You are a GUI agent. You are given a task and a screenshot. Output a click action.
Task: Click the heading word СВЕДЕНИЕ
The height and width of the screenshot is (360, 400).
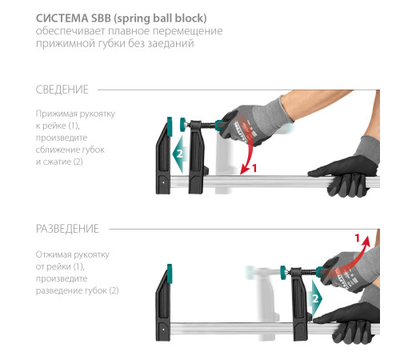point(62,90)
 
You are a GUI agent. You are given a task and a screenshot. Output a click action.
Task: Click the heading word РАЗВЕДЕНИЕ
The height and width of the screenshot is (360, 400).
point(67,229)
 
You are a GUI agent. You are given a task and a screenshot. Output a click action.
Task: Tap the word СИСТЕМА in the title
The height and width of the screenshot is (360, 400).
point(62,18)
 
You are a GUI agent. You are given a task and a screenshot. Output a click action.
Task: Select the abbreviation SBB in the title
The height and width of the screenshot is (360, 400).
point(101,18)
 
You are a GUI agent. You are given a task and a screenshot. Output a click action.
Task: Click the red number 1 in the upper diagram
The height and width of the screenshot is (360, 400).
point(254,168)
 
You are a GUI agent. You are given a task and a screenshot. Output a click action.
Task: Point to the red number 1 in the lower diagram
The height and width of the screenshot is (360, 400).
point(358,238)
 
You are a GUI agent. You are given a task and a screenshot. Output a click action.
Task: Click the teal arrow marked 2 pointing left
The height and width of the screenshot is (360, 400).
point(178,154)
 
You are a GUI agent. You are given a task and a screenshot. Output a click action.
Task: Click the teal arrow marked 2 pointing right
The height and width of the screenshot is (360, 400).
point(317,298)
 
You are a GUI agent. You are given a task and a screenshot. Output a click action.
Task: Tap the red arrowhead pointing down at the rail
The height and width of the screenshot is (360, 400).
point(244,170)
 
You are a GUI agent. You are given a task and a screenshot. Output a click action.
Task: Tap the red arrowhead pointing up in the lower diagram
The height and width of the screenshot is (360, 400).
point(366,241)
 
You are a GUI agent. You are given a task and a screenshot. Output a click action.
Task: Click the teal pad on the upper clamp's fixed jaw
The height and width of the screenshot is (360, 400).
point(170,126)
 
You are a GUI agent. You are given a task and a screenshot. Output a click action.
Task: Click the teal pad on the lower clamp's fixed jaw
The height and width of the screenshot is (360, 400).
point(170,274)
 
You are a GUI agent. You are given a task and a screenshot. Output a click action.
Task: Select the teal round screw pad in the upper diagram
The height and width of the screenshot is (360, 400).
point(183,125)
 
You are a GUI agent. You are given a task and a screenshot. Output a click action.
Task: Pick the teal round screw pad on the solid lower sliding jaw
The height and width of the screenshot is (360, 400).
point(283,273)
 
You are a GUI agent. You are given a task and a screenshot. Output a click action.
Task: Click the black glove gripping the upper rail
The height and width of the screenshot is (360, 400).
point(346,176)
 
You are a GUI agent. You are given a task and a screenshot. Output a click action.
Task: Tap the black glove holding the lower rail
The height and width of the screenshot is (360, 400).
point(350,322)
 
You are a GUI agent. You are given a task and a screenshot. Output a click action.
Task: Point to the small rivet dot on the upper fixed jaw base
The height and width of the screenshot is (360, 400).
point(163,182)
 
